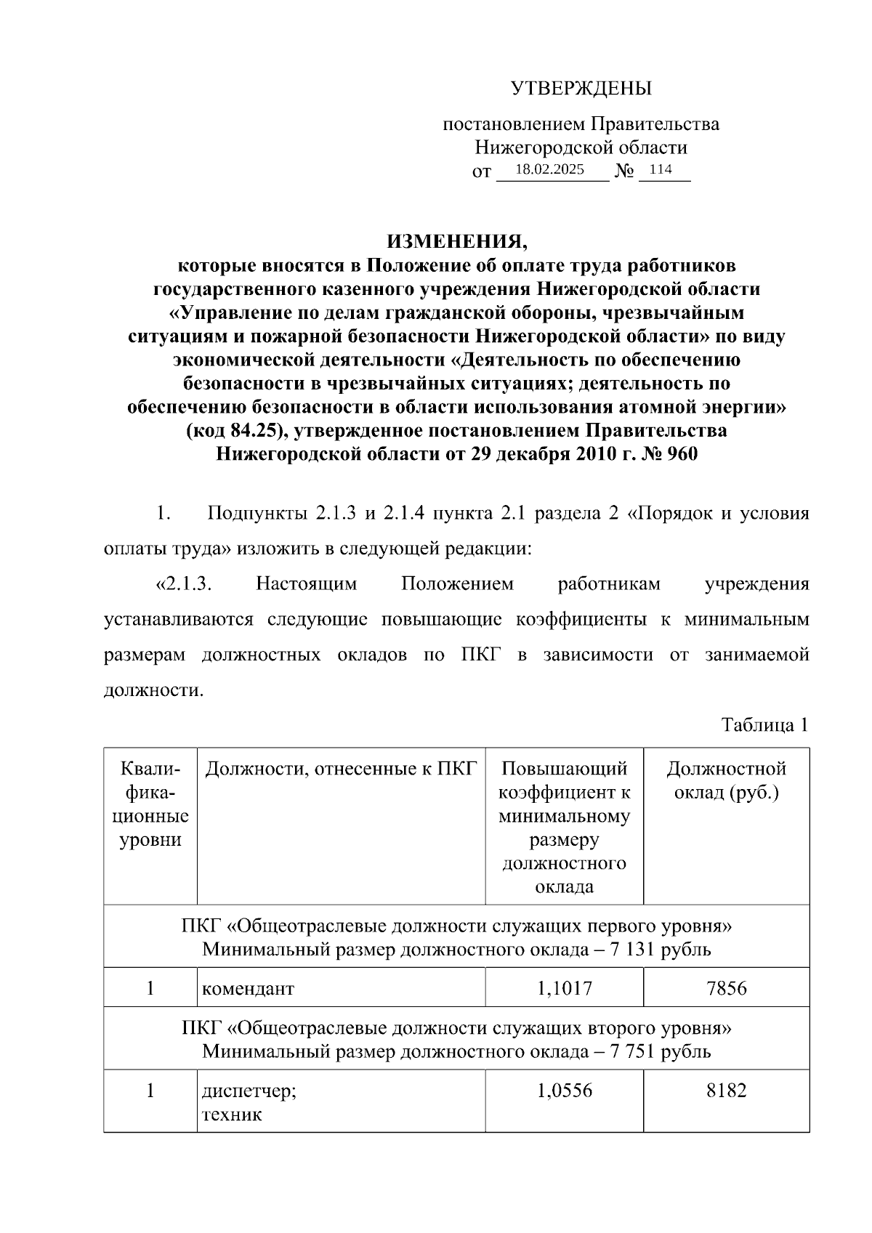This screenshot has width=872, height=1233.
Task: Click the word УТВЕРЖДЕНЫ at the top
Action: (581, 89)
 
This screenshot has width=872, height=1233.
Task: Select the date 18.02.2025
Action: (549, 170)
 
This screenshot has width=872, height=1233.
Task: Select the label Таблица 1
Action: (764, 725)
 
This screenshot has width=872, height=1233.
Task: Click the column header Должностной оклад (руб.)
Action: (726, 780)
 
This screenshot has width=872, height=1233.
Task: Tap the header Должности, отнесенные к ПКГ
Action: (341, 769)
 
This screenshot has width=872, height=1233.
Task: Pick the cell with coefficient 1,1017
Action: (564, 988)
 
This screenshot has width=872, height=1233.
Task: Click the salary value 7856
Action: (726, 988)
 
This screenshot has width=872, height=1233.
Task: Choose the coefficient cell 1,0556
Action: (564, 1091)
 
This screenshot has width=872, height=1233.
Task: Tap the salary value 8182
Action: (726, 1091)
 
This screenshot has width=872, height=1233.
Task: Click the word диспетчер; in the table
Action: (249, 1091)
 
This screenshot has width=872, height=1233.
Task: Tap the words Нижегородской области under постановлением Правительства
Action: (581, 147)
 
